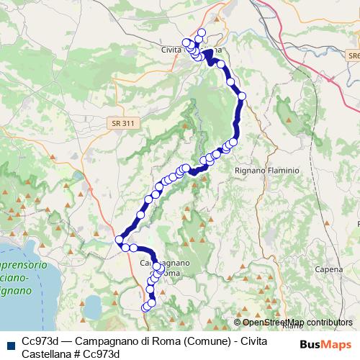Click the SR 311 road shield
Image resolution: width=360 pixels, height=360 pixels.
tap(123, 124)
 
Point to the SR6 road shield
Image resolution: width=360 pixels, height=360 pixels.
tap(352, 55)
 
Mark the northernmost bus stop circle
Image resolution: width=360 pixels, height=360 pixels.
tap(201, 32)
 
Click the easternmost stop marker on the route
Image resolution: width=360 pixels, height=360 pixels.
tap(242, 96)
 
